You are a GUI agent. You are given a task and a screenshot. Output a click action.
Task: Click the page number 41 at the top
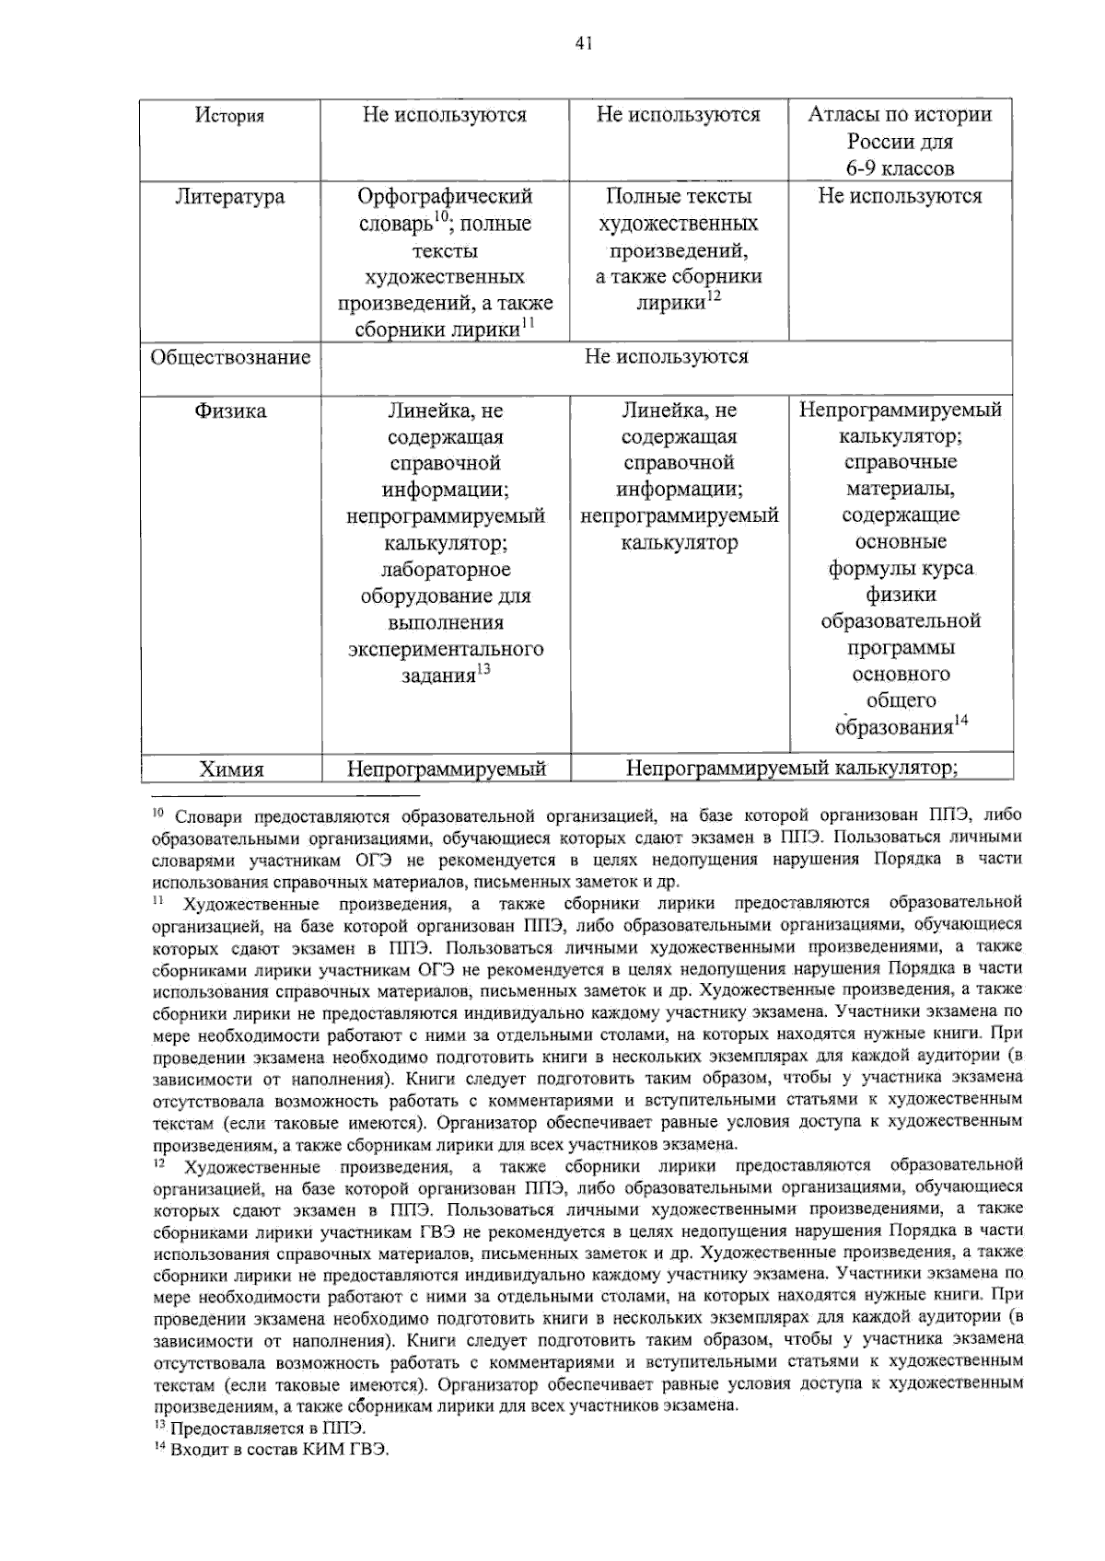coord(582,42)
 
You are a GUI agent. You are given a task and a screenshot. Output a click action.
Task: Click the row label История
coord(229,116)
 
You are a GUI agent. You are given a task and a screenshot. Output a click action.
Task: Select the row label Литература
coord(229,197)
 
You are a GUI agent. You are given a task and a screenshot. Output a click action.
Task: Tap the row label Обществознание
coord(230,358)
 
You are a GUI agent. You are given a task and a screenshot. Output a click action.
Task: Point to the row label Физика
coord(229,411)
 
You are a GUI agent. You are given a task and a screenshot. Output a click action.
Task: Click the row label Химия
coord(230,769)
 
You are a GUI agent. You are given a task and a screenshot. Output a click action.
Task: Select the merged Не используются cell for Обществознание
coord(666,357)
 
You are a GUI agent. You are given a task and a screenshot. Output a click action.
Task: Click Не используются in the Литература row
coord(900,196)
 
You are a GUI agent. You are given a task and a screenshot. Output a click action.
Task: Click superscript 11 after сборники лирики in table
coord(528,322)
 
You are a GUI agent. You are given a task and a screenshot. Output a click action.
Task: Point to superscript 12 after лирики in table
coord(713,296)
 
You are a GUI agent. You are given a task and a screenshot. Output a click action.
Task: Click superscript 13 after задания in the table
coord(483,669)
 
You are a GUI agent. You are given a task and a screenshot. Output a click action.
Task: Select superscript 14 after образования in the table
coord(960,721)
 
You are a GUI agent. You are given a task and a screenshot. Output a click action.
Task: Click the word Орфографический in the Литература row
coord(445,196)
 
